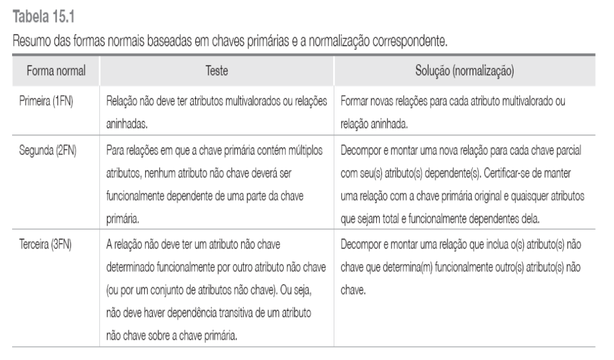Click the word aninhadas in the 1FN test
point(125,122)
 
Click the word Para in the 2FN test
point(115,152)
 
